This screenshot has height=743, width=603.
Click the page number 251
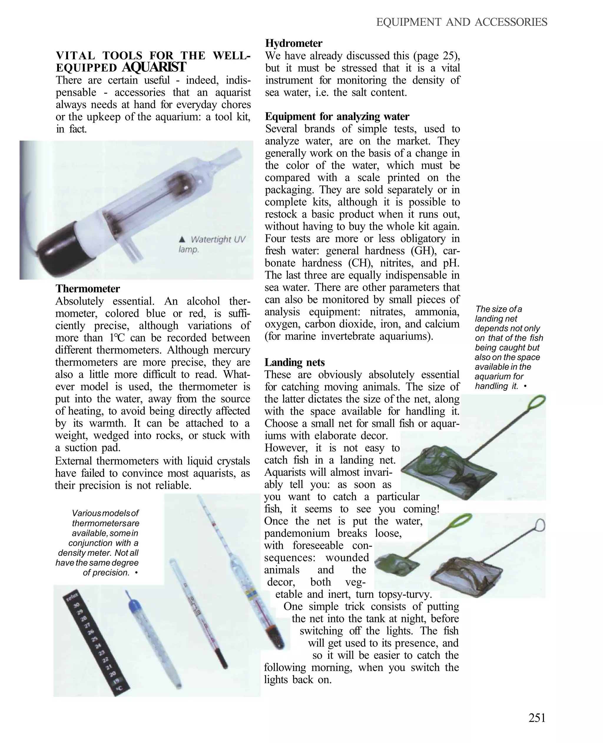coord(537,718)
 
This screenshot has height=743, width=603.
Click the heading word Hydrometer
coord(294,43)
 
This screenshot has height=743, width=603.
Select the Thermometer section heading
coord(87,289)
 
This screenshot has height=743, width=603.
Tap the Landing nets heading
coord(294,362)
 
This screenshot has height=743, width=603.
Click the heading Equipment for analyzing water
coord(337,116)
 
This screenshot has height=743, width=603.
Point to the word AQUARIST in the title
coord(154,67)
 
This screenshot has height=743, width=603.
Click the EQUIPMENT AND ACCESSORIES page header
coord(462,22)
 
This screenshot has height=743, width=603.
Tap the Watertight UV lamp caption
coord(212,244)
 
